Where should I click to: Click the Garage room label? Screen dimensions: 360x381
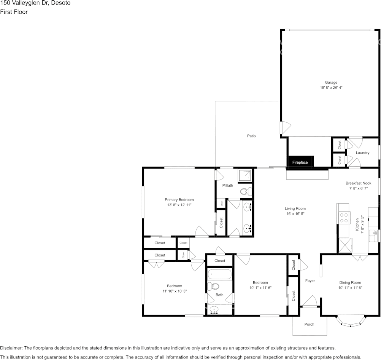[x=331, y=82]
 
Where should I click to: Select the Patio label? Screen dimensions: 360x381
[x=251, y=136]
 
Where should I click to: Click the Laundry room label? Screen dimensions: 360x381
[x=362, y=153]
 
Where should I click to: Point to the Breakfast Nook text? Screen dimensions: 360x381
[x=358, y=183]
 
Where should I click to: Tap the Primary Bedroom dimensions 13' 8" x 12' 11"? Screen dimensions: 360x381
[x=179, y=205]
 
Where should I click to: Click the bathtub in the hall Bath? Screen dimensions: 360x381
[x=219, y=274]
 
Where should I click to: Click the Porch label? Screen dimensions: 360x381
[x=310, y=325]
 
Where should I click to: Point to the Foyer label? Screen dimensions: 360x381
[x=310, y=281]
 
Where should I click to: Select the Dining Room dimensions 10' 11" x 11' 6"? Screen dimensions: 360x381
[x=350, y=288]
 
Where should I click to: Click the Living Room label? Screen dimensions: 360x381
[x=295, y=209]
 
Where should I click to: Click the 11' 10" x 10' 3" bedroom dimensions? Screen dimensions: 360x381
[x=175, y=291]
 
